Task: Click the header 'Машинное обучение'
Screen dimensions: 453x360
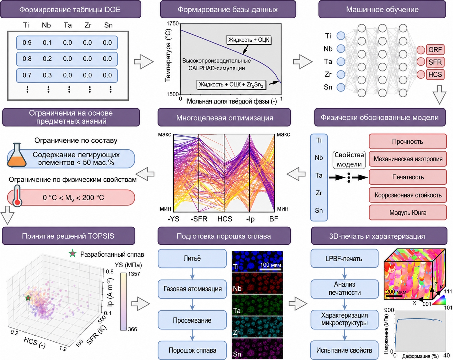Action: tap(382, 9)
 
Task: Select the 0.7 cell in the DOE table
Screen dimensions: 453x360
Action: tap(27, 75)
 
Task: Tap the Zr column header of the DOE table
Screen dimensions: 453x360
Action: tap(88, 25)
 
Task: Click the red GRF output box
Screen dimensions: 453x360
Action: tap(435, 50)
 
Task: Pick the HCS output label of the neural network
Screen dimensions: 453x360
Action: tap(435, 74)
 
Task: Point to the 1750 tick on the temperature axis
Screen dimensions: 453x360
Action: tap(173, 24)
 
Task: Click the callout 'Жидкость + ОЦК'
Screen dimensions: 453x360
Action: tap(249, 40)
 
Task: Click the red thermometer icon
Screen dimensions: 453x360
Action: tap(17, 196)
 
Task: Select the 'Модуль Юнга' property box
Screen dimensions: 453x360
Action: tap(408, 213)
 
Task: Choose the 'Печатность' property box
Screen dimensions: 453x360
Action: tap(408, 177)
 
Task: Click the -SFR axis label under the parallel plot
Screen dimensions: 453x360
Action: tap(199, 219)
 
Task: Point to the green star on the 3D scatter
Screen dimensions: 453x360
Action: tap(28, 298)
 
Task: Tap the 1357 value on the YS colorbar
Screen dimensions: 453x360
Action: tap(134, 274)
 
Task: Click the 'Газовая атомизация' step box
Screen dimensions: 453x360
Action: tap(192, 289)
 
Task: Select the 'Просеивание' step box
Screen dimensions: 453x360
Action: tap(192, 320)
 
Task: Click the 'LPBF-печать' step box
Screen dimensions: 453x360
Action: tap(344, 259)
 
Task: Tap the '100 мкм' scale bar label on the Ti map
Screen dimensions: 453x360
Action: tap(270, 265)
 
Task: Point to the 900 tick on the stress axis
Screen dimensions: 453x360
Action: tap(389, 310)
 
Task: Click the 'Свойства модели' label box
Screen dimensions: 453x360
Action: tap(349, 160)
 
